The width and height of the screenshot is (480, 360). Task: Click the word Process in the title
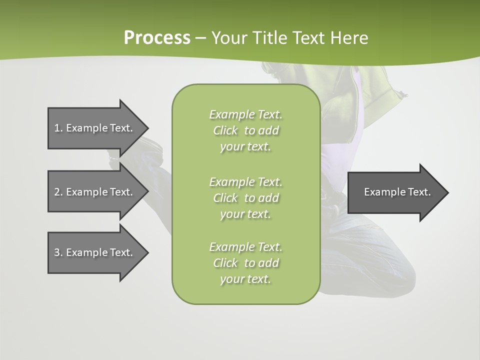[157, 37]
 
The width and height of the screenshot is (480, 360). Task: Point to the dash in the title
[200, 38]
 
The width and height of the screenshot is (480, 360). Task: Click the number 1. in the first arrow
[58, 128]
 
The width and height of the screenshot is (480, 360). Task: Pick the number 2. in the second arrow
[58, 192]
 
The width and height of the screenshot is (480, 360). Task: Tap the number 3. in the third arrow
[58, 252]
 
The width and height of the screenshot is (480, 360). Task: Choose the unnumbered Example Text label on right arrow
[397, 192]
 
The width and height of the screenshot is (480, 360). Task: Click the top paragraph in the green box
[245, 130]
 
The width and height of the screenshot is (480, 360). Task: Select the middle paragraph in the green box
[245, 197]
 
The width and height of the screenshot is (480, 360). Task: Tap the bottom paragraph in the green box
[245, 263]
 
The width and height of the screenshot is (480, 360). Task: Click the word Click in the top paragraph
[225, 130]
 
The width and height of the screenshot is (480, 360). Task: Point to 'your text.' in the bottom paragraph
[245, 279]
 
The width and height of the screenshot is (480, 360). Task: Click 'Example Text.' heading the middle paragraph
[245, 181]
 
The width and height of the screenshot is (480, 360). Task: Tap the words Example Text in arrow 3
[99, 252]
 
